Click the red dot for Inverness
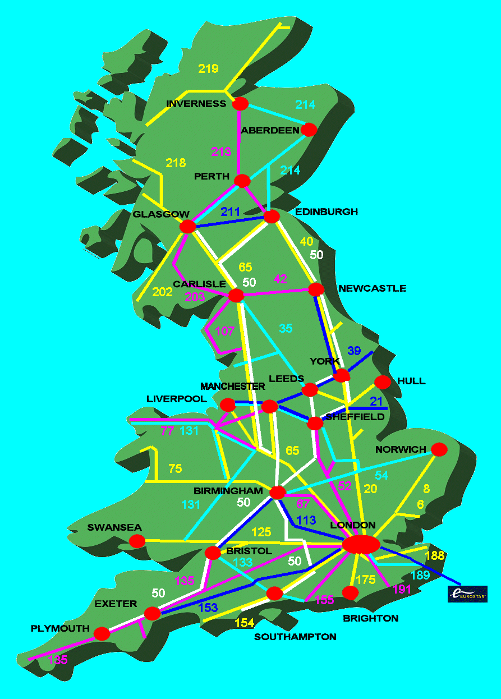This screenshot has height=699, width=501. click(x=241, y=104)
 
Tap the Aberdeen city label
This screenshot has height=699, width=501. click(x=270, y=130)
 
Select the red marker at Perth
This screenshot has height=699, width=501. click(x=242, y=181)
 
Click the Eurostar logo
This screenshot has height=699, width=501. click(x=467, y=594)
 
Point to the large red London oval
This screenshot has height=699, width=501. click(x=361, y=544)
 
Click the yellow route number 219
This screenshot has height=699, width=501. click(x=208, y=69)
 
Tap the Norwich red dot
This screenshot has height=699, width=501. click(x=439, y=449)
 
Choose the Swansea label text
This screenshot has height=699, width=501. click(x=114, y=528)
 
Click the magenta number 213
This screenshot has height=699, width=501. click(x=221, y=151)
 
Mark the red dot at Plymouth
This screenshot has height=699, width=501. click(x=102, y=633)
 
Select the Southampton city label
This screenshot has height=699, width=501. click(x=295, y=637)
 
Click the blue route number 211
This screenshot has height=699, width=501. click(x=230, y=212)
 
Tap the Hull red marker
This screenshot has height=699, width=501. click(x=382, y=382)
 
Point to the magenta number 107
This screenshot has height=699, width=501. click(x=224, y=331)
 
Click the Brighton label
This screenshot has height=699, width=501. click(x=370, y=618)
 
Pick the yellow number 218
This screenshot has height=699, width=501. click(x=176, y=163)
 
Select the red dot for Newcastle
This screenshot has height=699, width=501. click(x=316, y=289)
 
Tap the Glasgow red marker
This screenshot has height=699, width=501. click(x=187, y=227)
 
